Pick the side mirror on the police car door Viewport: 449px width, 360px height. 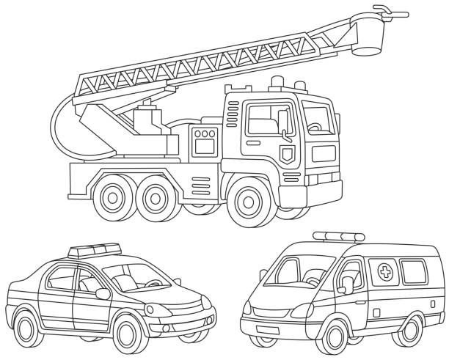(x=103, y=293)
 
